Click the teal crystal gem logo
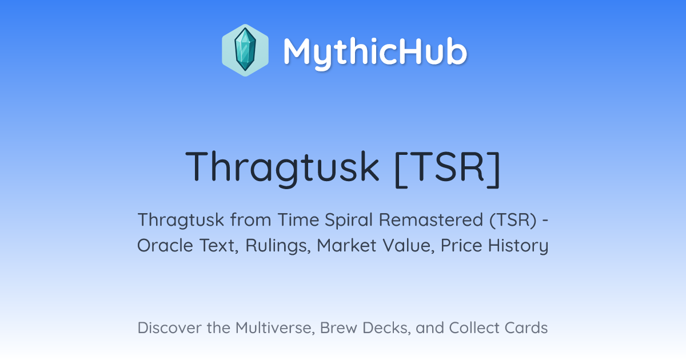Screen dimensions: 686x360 (245, 50)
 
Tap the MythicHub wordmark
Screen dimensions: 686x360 (375, 52)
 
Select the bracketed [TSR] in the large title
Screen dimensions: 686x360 (448, 169)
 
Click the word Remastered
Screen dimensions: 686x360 (431, 219)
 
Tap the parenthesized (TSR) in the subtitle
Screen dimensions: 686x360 (513, 220)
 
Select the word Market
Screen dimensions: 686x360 (346, 246)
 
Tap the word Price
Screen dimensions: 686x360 (461, 246)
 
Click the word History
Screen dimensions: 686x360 (518, 246)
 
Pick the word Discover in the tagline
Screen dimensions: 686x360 (169, 328)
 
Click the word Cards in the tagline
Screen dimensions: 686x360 (526, 328)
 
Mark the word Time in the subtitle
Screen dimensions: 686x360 (298, 220)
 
